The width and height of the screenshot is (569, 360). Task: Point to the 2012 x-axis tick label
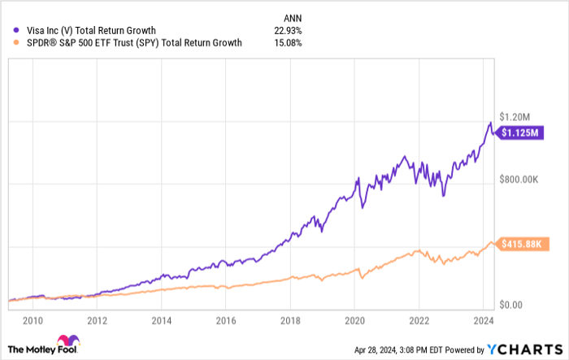click(x=98, y=319)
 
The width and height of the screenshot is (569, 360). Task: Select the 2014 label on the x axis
click(x=162, y=319)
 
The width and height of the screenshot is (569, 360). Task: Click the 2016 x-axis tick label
click(x=226, y=319)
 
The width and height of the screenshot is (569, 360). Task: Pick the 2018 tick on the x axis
click(x=290, y=319)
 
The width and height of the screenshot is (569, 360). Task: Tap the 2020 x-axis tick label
click(x=354, y=319)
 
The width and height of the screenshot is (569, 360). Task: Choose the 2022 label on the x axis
click(x=419, y=319)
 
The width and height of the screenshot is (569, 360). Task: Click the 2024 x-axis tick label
click(x=483, y=319)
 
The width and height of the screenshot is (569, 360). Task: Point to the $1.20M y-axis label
click(x=516, y=115)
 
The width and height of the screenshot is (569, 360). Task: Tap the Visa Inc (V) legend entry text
click(x=92, y=31)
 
